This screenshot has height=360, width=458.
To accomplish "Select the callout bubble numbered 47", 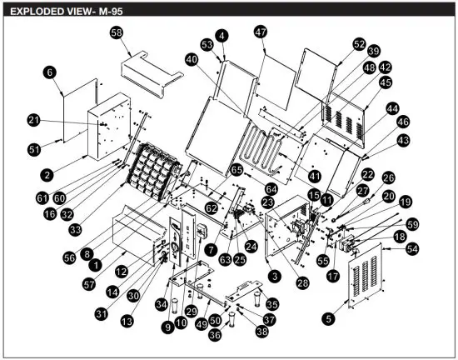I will tap(261, 31).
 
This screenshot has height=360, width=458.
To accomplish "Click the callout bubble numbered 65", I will tap(237, 169).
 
